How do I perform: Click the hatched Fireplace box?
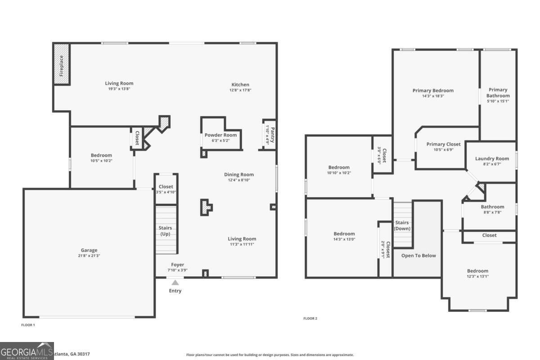62,63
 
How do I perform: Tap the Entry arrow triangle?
175,283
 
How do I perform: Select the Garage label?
89,250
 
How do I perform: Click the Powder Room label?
220,135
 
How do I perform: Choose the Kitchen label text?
240,85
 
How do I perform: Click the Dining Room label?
239,175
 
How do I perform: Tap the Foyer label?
177,265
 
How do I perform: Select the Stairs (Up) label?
166,231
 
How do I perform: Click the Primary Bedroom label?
433,90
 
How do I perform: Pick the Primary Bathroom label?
498,93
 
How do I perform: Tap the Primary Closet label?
443,144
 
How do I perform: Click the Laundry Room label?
492,158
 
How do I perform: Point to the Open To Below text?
418,256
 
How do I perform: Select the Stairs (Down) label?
402,225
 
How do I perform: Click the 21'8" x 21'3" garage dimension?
89,256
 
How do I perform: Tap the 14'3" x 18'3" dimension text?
433,96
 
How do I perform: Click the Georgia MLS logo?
27,351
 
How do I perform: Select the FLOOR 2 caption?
310,319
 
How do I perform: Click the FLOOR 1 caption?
28,325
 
